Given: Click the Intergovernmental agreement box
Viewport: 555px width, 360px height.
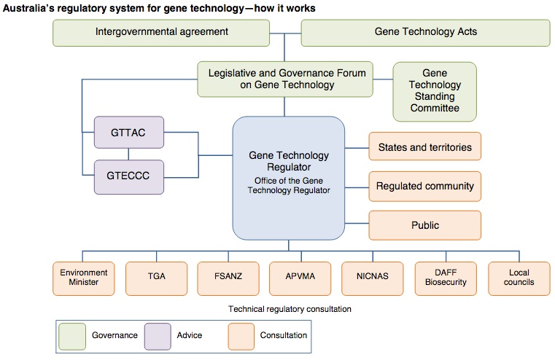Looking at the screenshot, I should click(162, 32).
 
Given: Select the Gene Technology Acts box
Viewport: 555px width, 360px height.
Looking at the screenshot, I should click(425, 32).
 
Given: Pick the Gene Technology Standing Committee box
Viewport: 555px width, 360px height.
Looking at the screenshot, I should click(435, 91).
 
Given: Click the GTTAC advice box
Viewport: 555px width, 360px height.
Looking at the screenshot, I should click(129, 133).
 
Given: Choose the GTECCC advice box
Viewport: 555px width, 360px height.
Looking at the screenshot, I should click(129, 176).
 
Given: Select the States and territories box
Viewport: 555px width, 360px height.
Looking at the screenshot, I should click(424, 147).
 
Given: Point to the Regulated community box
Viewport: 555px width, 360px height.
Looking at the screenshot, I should click(424, 186).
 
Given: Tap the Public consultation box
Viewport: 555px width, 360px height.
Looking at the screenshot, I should click(424, 225).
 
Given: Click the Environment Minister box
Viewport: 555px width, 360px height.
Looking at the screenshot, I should click(84, 278).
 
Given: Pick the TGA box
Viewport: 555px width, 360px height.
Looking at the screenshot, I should click(156, 278).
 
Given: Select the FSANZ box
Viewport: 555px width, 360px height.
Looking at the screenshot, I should click(228, 278).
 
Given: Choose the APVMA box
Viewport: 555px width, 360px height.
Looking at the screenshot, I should click(300, 278).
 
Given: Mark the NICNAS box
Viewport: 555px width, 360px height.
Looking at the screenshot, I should click(373, 278).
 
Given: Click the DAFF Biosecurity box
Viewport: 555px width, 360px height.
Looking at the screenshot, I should click(446, 278).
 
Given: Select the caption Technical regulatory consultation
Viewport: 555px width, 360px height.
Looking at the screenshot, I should click(290, 309).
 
